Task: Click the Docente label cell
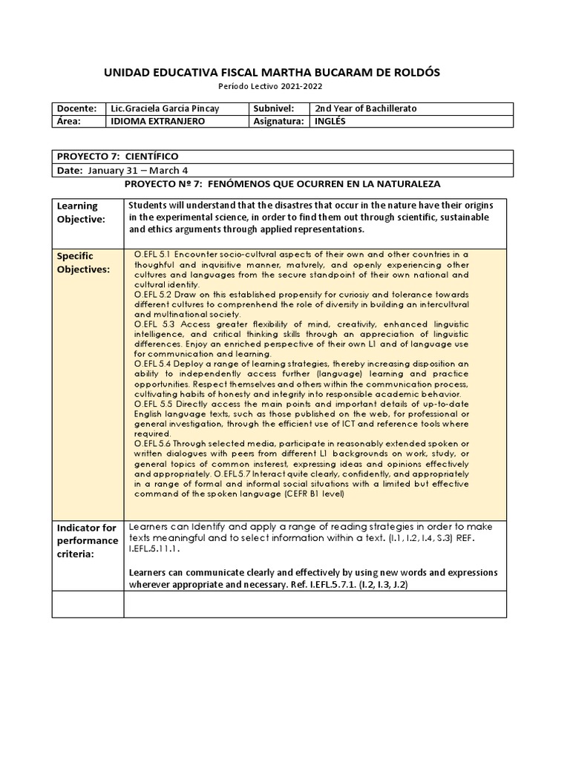[x=76, y=108]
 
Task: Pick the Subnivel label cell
[x=274, y=108]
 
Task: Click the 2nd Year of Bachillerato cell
[x=366, y=108]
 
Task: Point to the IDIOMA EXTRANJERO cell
[x=157, y=121]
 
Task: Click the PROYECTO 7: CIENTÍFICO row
[x=117, y=156]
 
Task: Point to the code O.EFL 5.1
[x=154, y=255]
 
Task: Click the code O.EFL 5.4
[x=154, y=364]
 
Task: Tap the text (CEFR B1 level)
[x=303, y=494]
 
